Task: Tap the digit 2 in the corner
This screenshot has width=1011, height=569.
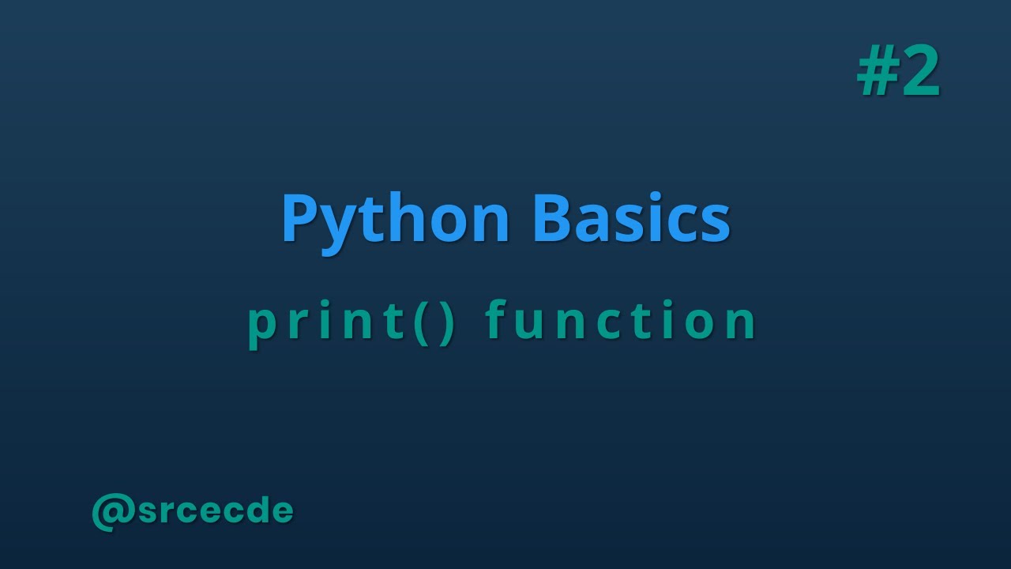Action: coord(919,73)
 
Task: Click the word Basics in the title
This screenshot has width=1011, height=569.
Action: coord(631,219)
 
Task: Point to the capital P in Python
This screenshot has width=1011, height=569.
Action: coord(299,219)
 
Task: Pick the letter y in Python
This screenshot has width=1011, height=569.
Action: coord(337,225)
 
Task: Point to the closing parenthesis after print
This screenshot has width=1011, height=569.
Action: coord(447,322)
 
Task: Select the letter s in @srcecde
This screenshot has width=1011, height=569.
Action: coord(148,512)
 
